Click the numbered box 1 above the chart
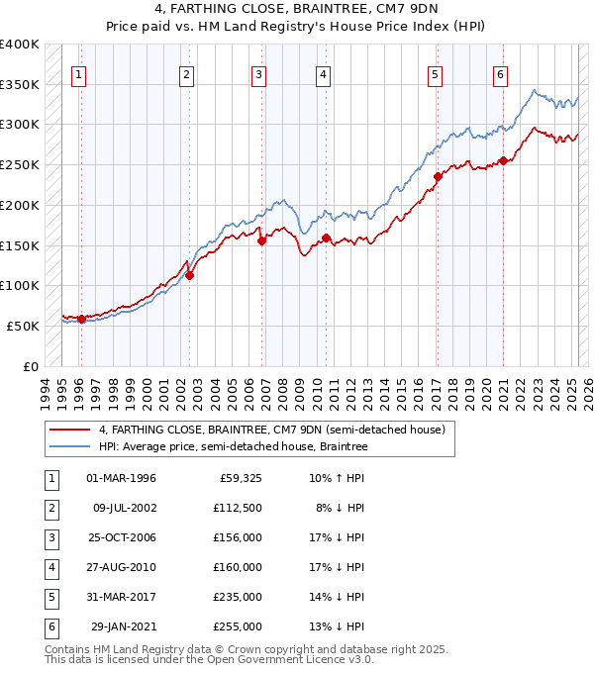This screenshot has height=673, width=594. coord(78,73)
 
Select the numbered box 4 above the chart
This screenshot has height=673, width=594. coord(323,73)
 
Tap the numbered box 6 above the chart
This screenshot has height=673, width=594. coord(501,73)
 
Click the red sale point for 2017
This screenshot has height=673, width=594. coord(437,177)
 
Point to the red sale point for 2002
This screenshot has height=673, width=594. coord(189,276)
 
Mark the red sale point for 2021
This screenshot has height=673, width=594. coord(503,161)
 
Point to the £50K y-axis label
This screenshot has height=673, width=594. coord(23,326)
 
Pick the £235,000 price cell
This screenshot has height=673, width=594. coord(238,597)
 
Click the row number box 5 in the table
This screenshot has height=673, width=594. coord(50,597)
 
